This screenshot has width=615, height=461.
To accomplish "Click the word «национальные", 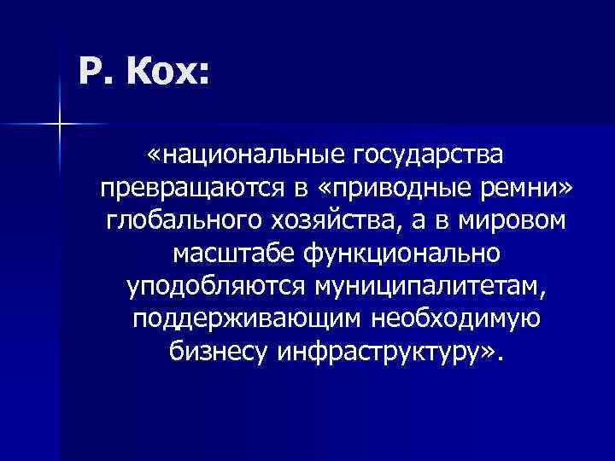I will coord(231,156).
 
